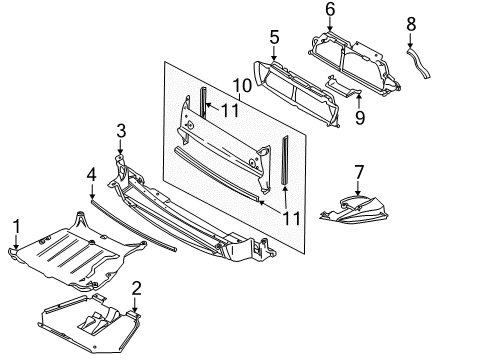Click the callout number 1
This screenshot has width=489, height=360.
16,226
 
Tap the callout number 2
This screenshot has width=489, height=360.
136,289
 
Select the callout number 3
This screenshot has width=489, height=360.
121,131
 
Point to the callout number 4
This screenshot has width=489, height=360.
92,174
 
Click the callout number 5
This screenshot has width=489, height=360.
274,37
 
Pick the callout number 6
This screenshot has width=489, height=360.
330,9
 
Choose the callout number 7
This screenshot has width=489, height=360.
358,172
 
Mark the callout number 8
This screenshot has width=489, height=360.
411,24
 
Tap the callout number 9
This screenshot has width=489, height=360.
360,118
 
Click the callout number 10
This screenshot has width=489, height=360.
242,86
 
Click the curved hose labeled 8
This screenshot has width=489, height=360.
419,63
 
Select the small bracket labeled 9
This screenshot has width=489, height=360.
343,86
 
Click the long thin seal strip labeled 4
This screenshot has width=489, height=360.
133,225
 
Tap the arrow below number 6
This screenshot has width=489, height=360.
330,25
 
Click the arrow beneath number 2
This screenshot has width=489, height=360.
135,305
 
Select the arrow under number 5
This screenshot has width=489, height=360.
274,53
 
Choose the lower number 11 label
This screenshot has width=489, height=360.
291,219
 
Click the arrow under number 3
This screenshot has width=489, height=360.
120,147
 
